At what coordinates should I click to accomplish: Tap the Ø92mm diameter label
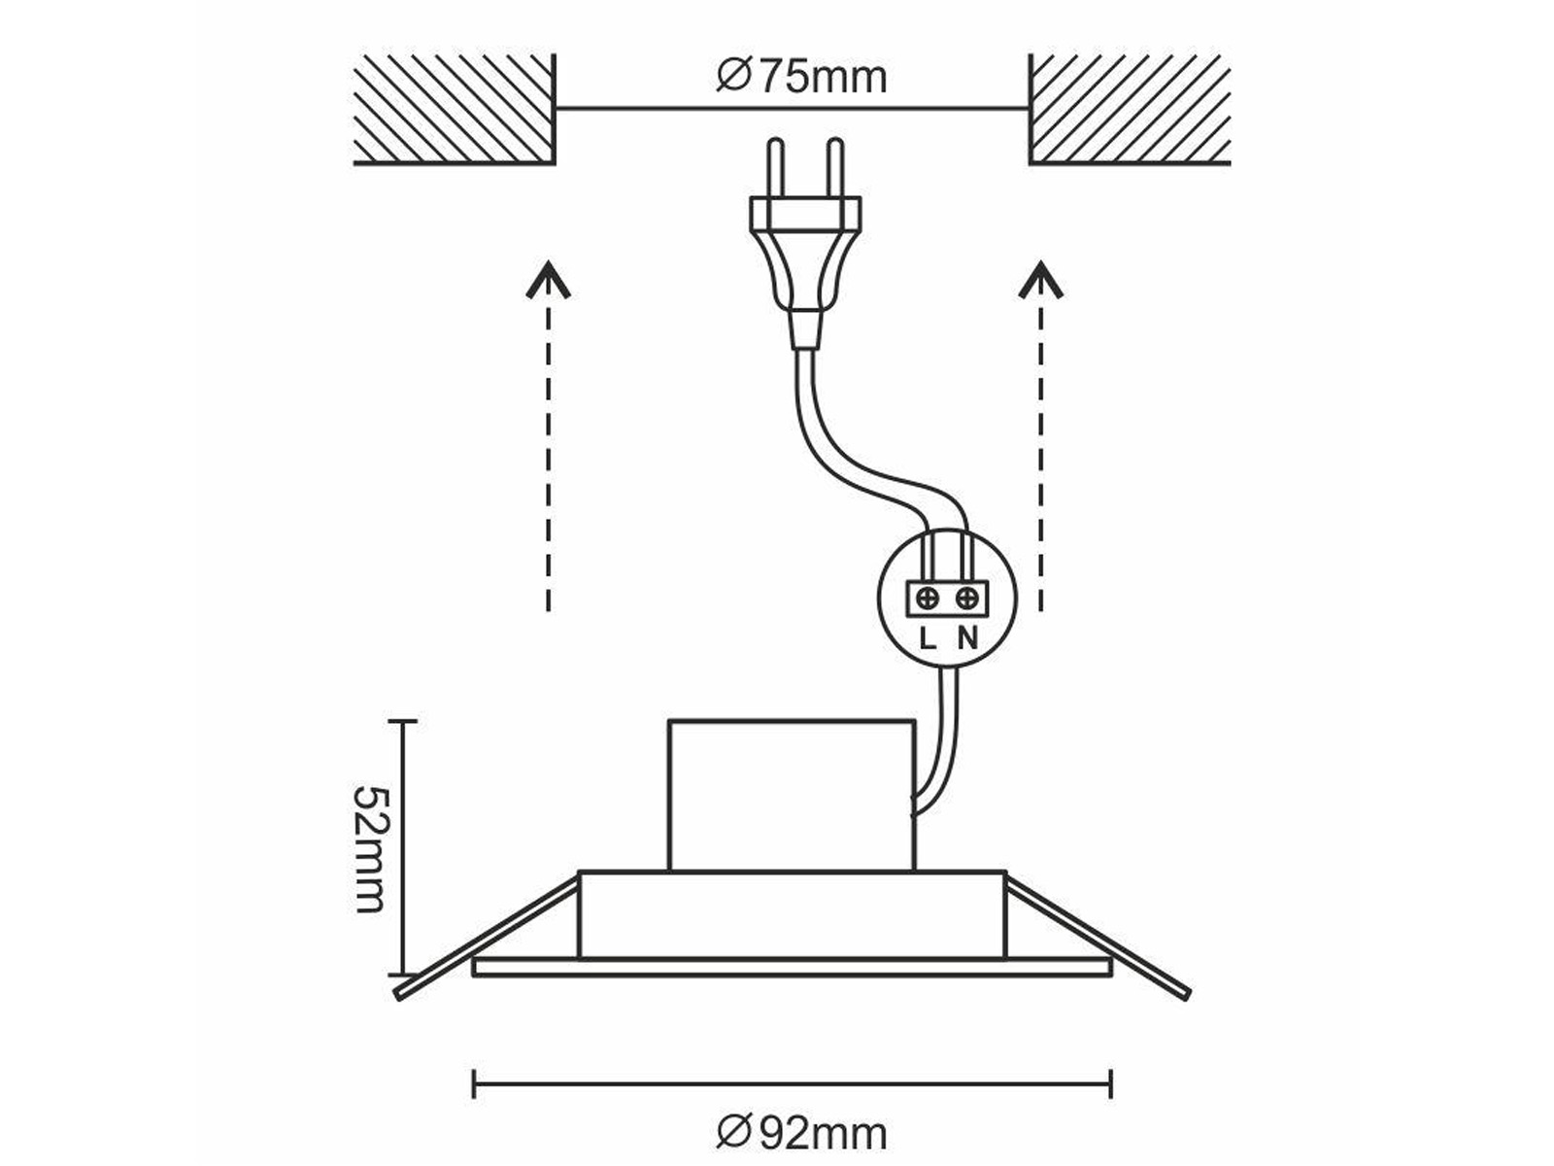[x=801, y=1133]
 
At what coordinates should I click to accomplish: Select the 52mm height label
[x=370, y=848]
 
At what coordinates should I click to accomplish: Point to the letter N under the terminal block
[x=967, y=639]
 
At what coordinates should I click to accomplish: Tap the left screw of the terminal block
[x=928, y=599]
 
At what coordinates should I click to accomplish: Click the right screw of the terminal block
[x=966, y=599]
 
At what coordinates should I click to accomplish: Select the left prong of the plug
[x=777, y=168]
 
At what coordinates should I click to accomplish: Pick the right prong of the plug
[x=835, y=168]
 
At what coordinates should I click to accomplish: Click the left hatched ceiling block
[x=454, y=109]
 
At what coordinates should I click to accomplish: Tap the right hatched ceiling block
[x=1130, y=109]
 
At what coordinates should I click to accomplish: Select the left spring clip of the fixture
[x=489, y=938]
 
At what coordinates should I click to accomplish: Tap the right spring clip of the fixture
[x=1098, y=938]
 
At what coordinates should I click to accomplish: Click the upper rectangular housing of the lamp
[x=792, y=795]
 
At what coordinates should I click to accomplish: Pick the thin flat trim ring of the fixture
[x=792, y=968]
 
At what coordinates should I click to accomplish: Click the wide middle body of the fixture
[x=792, y=914]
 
